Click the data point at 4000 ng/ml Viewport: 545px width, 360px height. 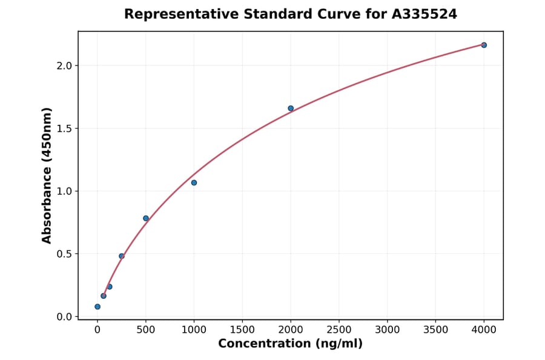(x=484, y=45)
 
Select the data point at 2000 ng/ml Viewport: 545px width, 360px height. (x=291, y=108)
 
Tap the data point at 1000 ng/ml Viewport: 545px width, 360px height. (x=194, y=182)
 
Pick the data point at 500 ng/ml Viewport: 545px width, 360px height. (x=146, y=218)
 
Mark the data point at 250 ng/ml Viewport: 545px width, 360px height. (x=122, y=256)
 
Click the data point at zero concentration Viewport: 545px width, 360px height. (x=97, y=307)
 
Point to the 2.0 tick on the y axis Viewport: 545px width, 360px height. (x=64, y=65)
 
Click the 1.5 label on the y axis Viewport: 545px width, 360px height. (x=64, y=128)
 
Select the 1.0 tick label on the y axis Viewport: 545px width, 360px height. (x=64, y=191)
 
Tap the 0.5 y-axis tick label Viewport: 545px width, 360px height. (x=64, y=254)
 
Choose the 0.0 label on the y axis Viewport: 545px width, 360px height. (x=64, y=317)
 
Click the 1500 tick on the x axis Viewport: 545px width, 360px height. (x=242, y=330)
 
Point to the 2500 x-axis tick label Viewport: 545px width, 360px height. (x=339, y=330)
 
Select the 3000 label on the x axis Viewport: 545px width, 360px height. (x=388, y=330)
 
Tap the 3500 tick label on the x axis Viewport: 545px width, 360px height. (x=435, y=330)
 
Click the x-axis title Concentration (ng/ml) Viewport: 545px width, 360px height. (x=290, y=344)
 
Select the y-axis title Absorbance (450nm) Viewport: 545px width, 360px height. (x=47, y=175)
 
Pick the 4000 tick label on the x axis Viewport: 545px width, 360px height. (x=484, y=330)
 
